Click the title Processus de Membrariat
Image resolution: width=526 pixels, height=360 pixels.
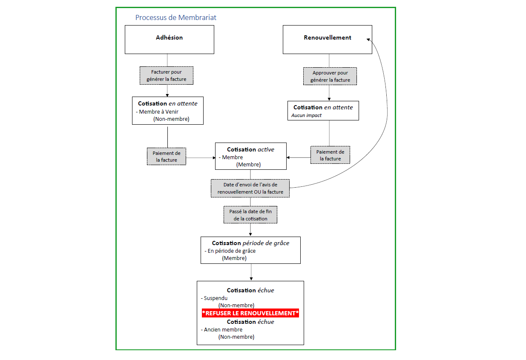pos(176,17)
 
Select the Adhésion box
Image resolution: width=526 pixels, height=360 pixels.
pos(169,39)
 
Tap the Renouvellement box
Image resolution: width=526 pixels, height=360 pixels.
pos(327,39)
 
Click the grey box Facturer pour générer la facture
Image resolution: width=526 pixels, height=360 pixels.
pos(167,76)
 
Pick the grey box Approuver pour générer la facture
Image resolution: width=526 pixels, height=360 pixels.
pos(330,76)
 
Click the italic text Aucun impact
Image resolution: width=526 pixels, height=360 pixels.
pos(306,115)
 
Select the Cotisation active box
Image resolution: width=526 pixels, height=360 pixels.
pos(250,156)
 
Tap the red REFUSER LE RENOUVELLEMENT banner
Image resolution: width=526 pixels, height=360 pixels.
pos(250,313)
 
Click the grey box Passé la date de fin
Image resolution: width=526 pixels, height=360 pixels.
pos(250,215)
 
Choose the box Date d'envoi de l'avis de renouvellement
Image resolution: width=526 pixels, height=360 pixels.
pos(250,188)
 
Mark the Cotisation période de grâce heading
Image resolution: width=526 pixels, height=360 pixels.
pos(250,243)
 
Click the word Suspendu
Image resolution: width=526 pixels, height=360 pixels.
pos(216,298)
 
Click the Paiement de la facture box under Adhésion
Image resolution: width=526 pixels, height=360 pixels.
pos(166,156)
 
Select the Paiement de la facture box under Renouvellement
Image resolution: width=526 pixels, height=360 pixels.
pos(330,155)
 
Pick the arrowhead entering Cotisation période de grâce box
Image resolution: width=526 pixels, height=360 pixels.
pos(250,234)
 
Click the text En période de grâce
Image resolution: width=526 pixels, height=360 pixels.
pos(232,251)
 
